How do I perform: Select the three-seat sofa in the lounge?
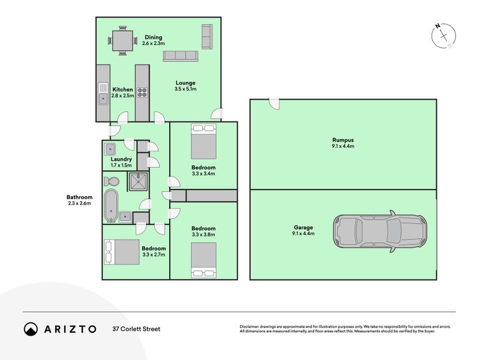[181, 56]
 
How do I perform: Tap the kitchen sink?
[103, 96]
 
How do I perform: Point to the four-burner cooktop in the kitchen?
[142, 92]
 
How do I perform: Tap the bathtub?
[111, 205]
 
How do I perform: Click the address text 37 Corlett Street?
[136, 329]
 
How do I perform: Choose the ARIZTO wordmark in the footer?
[68, 329]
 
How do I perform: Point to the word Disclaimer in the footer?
[251, 326]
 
